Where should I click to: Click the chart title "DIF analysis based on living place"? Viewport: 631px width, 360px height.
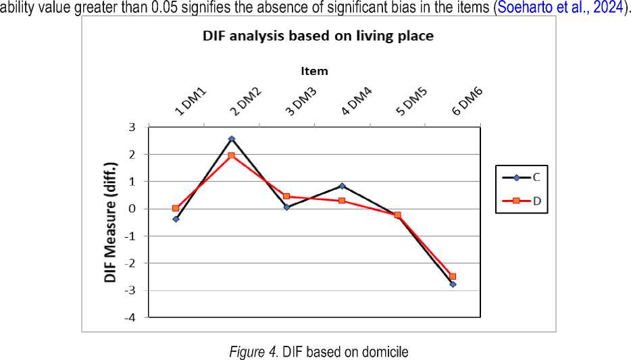point(318,36)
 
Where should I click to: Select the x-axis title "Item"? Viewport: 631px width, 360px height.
point(314,70)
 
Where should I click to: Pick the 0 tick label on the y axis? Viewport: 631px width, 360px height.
point(131,209)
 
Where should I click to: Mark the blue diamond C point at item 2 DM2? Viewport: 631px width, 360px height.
point(231,139)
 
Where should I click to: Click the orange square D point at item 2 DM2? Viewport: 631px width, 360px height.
point(231,156)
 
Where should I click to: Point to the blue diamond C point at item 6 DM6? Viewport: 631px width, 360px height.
point(453,284)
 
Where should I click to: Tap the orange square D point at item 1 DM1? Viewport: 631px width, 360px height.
point(176,208)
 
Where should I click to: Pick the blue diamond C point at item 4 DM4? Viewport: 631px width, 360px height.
point(343,186)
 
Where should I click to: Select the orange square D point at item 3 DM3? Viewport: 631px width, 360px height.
point(286,197)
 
